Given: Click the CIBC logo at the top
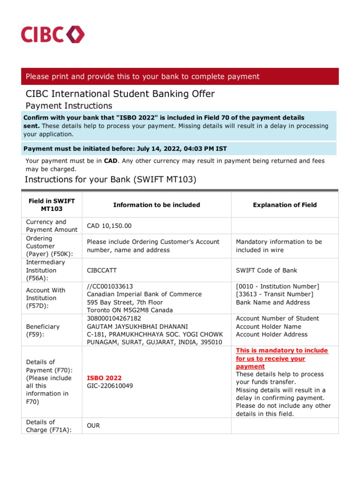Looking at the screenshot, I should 52,35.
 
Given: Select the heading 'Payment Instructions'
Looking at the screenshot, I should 68,106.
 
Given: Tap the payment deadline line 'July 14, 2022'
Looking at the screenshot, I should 125,149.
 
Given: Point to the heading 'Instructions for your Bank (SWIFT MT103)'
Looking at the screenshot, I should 110,180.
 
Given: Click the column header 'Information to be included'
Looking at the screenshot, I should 157,205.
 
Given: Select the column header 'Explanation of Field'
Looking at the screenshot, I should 285,205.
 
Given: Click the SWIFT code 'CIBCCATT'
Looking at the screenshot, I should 102,270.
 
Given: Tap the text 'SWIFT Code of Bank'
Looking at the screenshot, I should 266,270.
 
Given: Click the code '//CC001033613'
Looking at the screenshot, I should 110,286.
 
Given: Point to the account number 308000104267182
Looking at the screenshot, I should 114,318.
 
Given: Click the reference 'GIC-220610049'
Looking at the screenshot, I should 110,386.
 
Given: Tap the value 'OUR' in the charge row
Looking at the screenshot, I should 93,426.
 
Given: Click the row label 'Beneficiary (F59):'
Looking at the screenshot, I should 43,330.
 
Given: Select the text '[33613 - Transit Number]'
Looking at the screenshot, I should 275,294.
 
